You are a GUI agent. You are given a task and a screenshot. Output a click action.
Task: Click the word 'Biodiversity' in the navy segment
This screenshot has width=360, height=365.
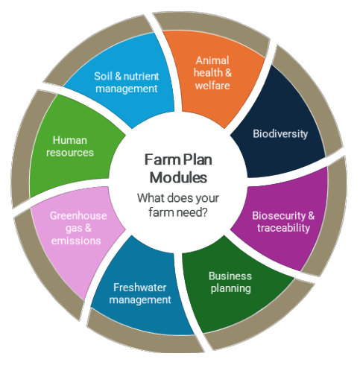point(280,134)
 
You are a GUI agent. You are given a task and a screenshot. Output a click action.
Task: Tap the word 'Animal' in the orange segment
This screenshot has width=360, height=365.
point(212,60)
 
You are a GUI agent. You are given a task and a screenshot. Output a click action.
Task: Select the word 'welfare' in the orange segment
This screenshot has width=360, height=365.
point(212,86)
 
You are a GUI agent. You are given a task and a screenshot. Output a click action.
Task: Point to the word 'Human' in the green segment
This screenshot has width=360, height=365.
point(70,140)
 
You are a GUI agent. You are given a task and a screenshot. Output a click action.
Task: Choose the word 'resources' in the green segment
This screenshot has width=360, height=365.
point(70,153)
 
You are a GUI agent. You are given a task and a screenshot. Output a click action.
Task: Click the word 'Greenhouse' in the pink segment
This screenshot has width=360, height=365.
point(78,215)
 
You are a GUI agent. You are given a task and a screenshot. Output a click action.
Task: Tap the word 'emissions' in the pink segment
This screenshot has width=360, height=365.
point(76,241)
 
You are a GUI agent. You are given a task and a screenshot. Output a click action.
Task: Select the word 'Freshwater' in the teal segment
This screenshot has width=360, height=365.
point(140,288)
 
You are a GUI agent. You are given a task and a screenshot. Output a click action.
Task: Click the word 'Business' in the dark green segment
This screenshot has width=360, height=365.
point(230,276)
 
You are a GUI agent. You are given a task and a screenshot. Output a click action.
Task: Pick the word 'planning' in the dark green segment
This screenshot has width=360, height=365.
point(231,289)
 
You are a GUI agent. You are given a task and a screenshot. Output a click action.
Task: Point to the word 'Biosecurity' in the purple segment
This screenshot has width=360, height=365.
point(279,216)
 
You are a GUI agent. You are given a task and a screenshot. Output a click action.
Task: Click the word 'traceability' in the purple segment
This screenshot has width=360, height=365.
point(283,228)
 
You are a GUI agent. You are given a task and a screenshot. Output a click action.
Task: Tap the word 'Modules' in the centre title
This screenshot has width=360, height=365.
point(178,178)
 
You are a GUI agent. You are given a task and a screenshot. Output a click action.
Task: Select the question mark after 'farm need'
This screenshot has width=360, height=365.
point(204,212)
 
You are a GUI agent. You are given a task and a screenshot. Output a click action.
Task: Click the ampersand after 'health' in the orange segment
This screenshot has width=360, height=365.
point(228,73)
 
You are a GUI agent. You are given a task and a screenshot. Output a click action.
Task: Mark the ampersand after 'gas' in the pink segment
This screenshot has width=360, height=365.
point(88,228)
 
